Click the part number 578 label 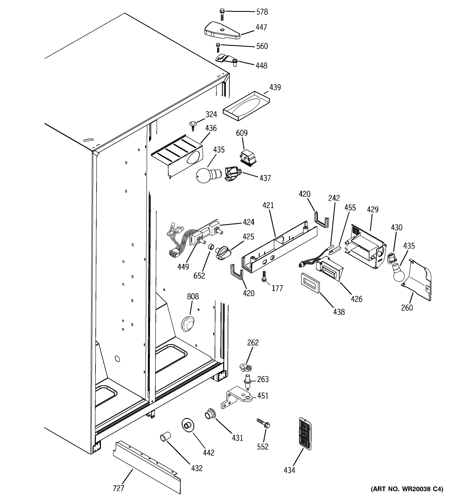pos(262,12)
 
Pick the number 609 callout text pos(242,133)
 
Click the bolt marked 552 pos(263,424)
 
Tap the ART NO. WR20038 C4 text pos(407,496)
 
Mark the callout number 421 pos(268,205)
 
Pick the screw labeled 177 pos(264,276)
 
